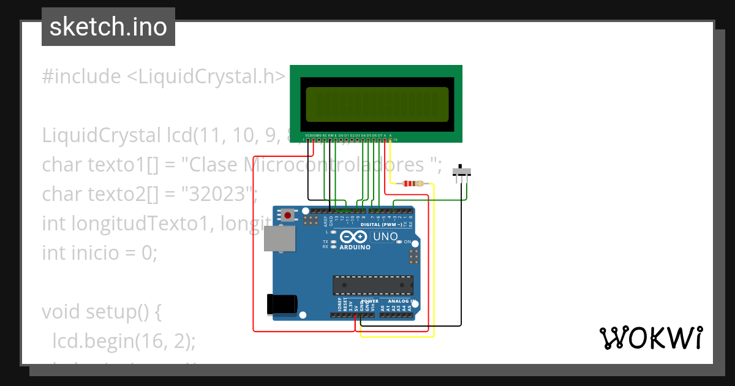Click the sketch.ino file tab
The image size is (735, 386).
pyautogui.click(x=108, y=27)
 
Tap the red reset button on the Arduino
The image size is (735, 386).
pyautogui.click(x=287, y=214)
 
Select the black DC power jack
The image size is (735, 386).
pyautogui.click(x=282, y=305)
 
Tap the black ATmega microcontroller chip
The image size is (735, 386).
pyautogui.click(x=372, y=285)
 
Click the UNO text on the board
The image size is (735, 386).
pyautogui.click(x=385, y=237)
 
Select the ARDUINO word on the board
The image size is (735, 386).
pyautogui.click(x=355, y=248)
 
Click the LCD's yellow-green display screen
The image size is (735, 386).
pyautogui.click(x=377, y=104)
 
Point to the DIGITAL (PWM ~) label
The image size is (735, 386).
pyautogui.click(x=381, y=225)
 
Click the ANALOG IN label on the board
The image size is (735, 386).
pyautogui.click(x=397, y=301)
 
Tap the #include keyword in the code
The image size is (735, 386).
pyautogui.click(x=81, y=77)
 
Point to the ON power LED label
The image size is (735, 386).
pyautogui.click(x=407, y=242)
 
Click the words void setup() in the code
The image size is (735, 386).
pyautogui.click(x=101, y=311)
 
